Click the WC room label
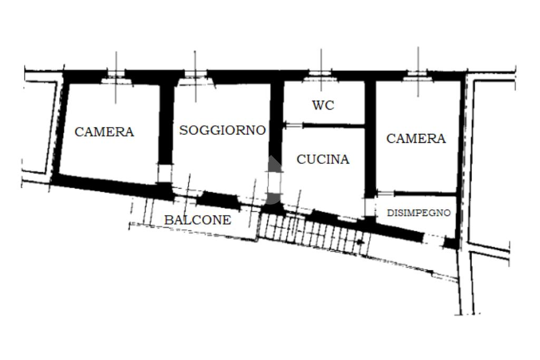(x=323, y=105)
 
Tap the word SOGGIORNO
(x=222, y=130)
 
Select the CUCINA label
(x=323, y=159)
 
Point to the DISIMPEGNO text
(x=419, y=213)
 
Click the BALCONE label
(x=197, y=220)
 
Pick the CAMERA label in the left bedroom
(x=104, y=132)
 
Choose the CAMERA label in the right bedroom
(x=416, y=139)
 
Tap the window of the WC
(x=321, y=74)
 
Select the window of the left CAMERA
(x=116, y=75)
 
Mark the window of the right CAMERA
(x=418, y=75)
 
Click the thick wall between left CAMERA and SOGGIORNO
(x=166, y=124)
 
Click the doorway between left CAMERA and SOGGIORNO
(x=165, y=173)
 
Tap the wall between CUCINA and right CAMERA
(x=370, y=137)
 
